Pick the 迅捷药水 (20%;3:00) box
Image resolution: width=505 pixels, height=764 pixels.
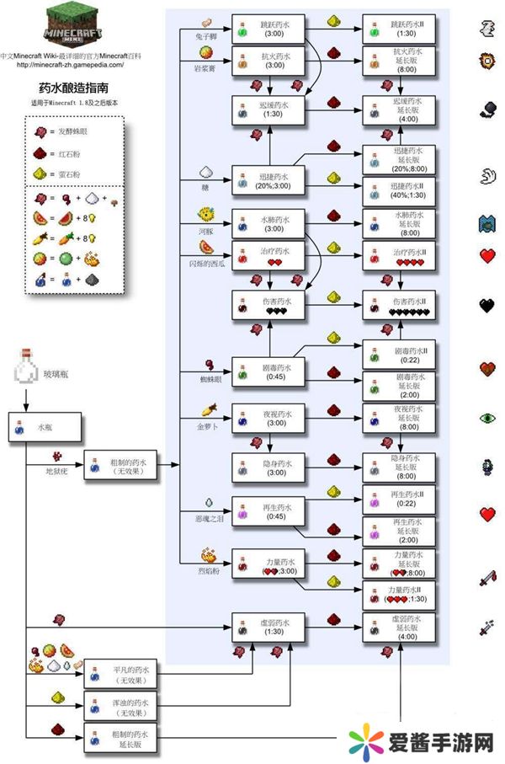point(263,179)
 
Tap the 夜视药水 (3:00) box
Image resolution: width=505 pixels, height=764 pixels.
point(263,419)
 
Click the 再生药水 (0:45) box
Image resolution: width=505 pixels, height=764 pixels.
point(263,512)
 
